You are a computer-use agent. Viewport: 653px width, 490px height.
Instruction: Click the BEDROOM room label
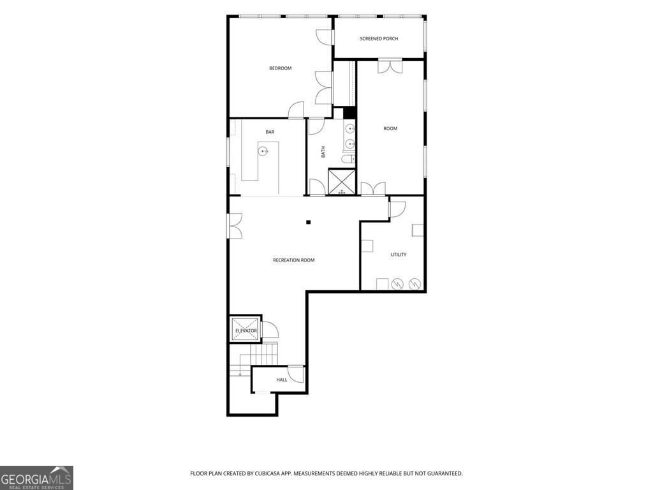[281, 68]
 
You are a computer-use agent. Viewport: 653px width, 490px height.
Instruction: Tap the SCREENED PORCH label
[379, 39]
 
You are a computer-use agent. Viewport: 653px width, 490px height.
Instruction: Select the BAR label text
[270, 132]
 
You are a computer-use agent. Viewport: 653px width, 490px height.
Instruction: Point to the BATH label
[323, 152]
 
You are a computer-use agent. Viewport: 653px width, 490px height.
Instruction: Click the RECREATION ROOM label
[293, 260]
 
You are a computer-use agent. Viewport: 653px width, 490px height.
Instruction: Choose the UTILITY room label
[399, 255]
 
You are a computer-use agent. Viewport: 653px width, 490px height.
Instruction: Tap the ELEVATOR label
[246, 331]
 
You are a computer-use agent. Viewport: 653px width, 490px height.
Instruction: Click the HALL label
[281, 380]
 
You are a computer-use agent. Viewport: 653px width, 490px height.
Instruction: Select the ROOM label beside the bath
[390, 129]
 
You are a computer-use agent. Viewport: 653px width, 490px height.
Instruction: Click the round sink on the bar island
[263, 151]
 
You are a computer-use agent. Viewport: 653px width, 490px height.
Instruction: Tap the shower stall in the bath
[342, 182]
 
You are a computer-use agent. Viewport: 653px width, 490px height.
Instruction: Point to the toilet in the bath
[348, 159]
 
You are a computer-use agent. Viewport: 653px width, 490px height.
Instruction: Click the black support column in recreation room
[309, 223]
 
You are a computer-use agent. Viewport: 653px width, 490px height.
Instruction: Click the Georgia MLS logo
[36, 478]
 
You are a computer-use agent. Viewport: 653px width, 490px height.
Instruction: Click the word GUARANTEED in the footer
[445, 474]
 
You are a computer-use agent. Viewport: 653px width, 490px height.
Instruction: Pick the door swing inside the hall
[296, 374]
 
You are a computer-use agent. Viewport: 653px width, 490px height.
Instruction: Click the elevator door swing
[270, 330]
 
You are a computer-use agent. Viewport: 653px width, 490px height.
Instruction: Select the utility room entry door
[397, 210]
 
